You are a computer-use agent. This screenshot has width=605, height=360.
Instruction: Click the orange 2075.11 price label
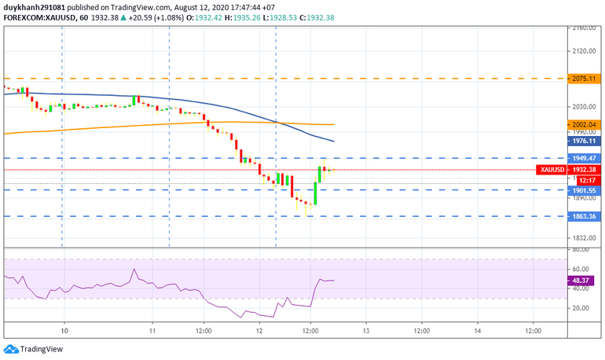coord(583,79)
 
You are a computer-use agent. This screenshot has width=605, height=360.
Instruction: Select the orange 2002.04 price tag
coord(583,124)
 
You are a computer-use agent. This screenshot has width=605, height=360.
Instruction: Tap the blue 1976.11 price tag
coord(583,141)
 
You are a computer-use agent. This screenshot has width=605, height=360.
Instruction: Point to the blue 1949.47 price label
coord(583,158)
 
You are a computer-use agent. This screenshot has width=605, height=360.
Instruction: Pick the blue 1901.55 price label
coord(583,189)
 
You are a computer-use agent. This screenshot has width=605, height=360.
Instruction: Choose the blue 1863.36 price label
coord(583,216)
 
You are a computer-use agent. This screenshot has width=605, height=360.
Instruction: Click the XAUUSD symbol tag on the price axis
coord(552,170)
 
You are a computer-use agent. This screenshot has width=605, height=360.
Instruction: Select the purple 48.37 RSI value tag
coord(583,281)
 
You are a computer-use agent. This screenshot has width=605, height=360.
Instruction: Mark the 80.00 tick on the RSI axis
coord(581,250)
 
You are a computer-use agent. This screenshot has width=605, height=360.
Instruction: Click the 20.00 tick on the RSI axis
coord(581,308)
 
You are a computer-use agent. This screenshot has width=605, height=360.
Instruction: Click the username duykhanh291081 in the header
coord(35,6)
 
